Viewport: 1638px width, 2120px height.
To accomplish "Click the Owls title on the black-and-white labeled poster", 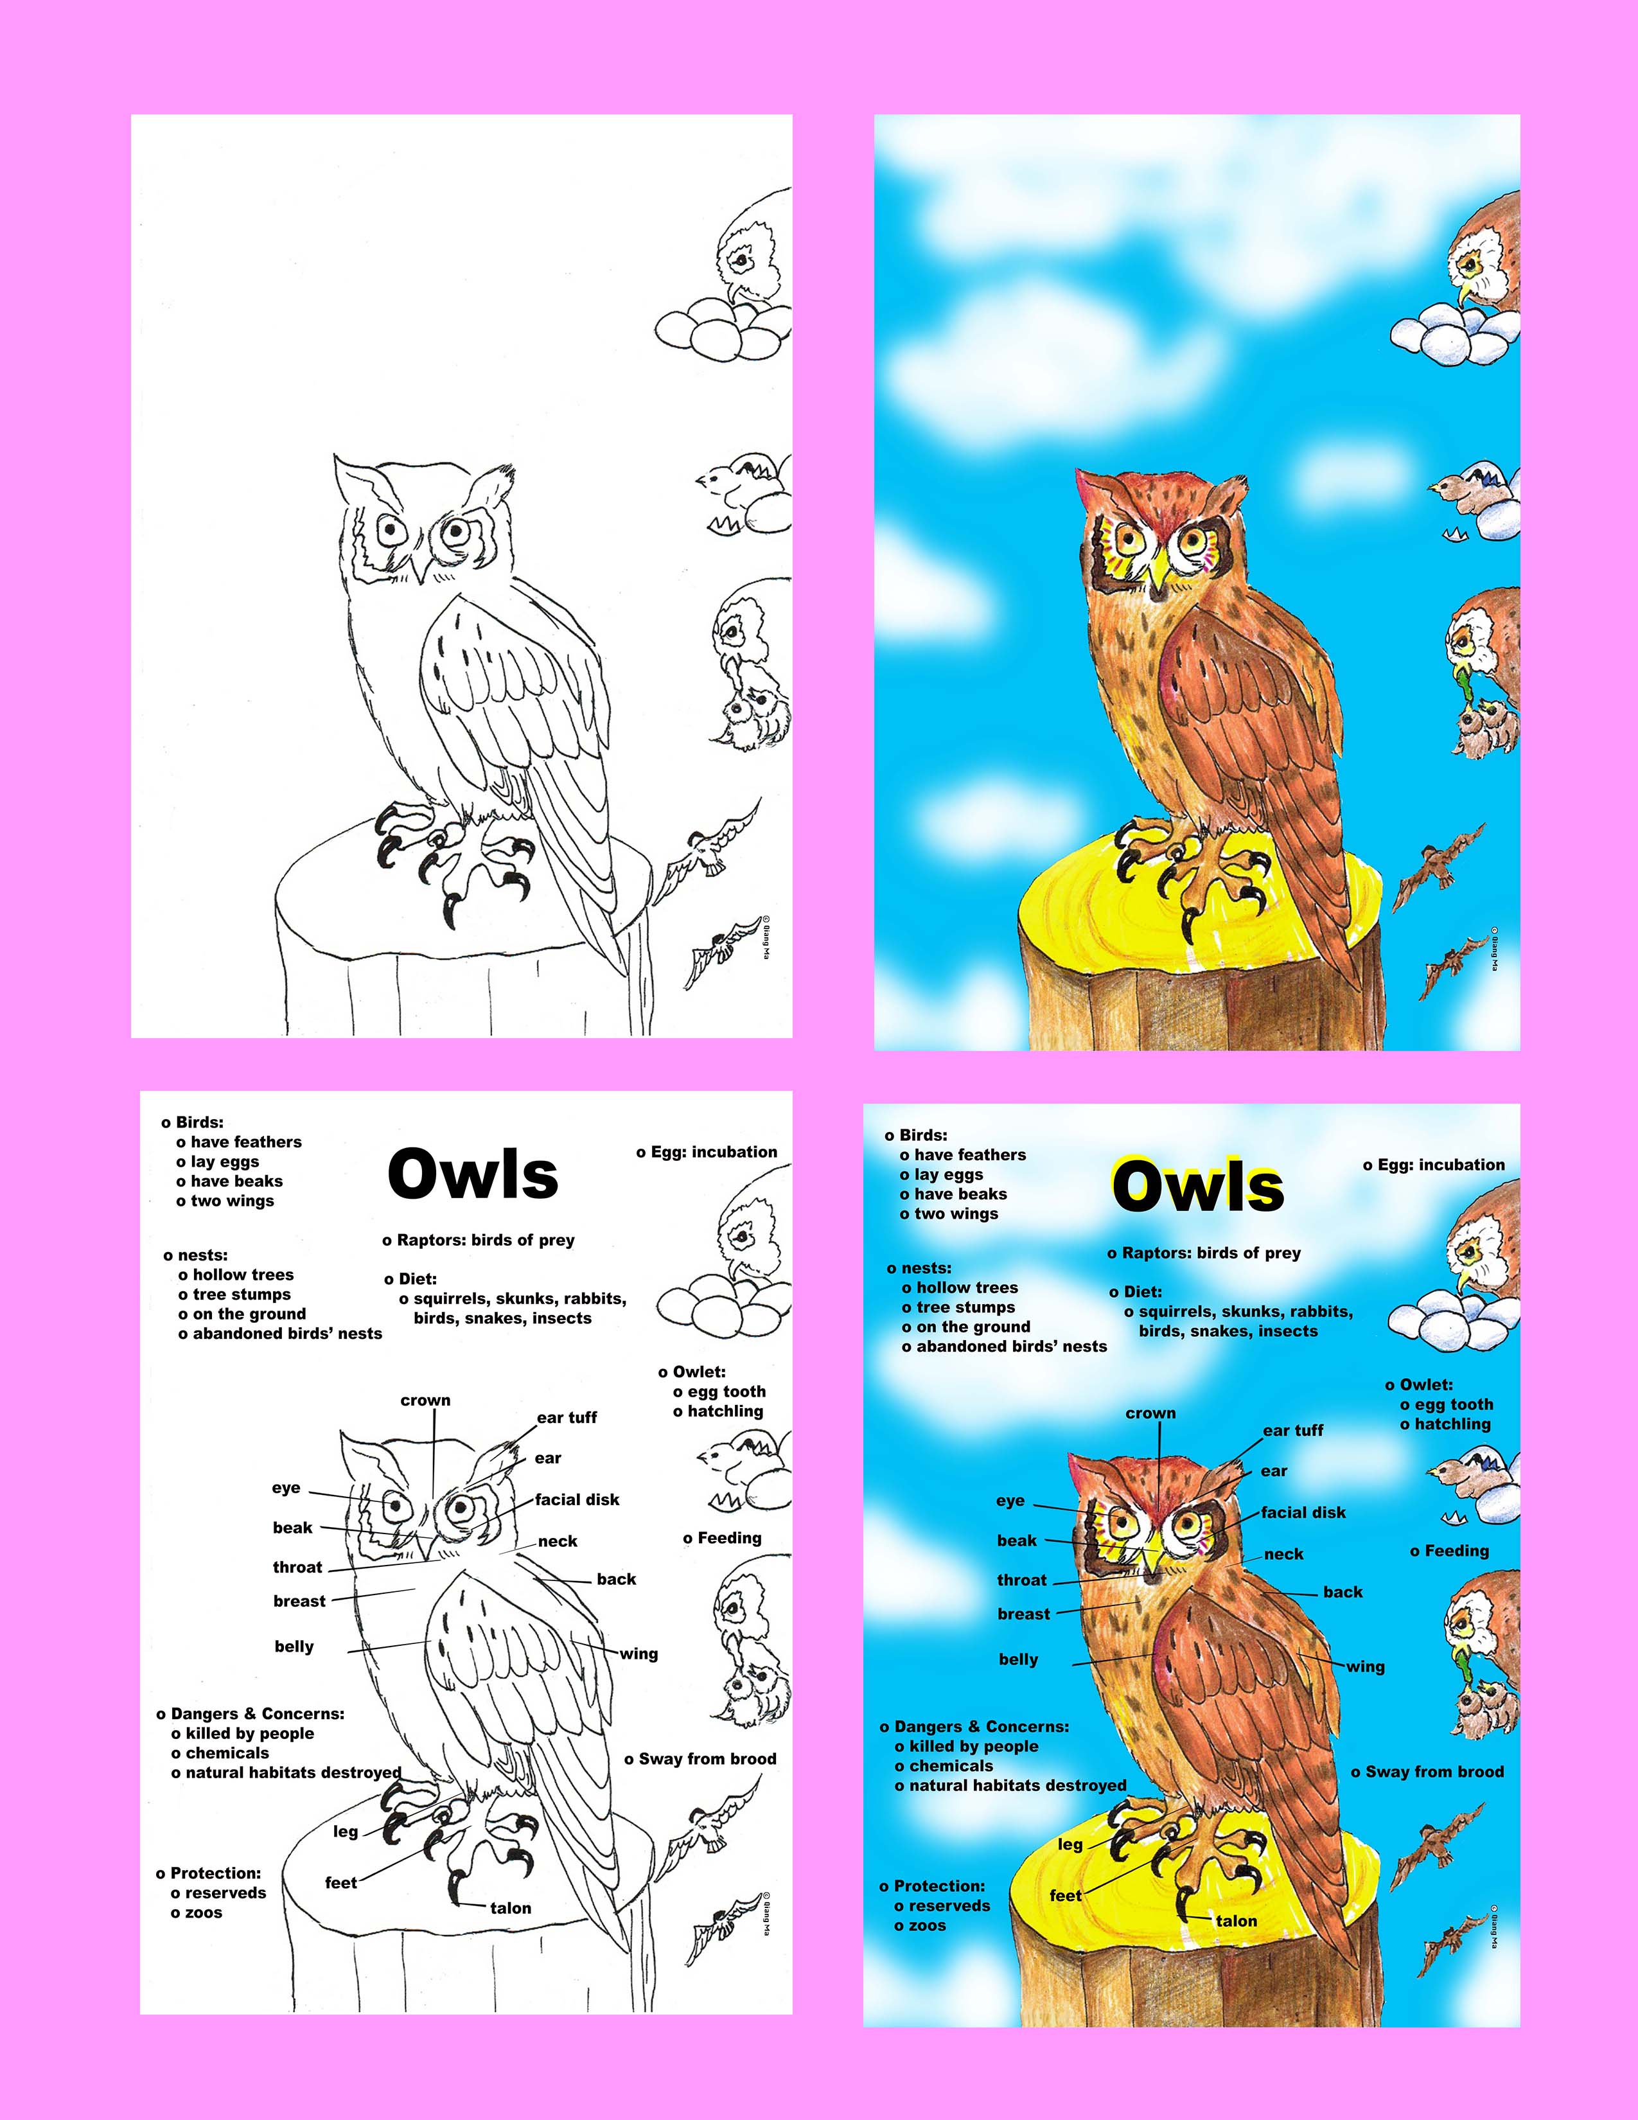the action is pos(473,1174).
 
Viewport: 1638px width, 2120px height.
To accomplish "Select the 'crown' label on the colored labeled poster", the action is pos(1151,1413).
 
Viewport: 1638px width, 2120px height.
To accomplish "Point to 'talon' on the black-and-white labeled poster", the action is pos(511,1909).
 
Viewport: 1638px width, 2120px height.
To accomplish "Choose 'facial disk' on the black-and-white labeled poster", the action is pos(577,1499).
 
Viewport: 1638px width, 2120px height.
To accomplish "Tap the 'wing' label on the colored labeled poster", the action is pos(1366,1668).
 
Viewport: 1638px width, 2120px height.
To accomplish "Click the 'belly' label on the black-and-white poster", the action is pos(294,1647).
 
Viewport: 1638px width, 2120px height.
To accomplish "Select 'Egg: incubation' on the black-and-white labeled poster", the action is pos(707,1153).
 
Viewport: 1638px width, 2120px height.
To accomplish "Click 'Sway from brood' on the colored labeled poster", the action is pos(1427,1772).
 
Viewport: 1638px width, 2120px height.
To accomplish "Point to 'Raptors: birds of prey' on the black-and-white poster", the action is pos(479,1241).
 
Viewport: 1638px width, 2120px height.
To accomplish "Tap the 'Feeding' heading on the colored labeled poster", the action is pos(1450,1552).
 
